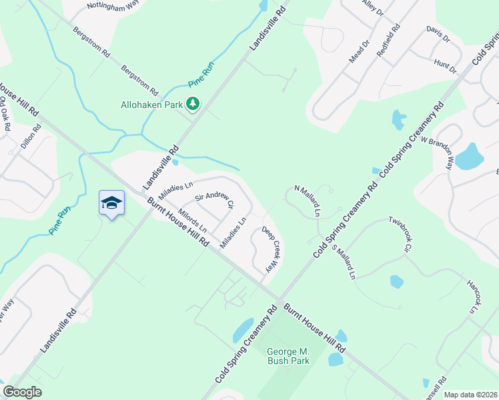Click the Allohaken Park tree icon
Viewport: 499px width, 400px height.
point(193,103)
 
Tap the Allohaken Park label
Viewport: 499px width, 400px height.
point(151,104)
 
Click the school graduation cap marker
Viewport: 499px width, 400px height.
point(111,204)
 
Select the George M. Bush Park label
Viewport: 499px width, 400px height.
point(288,356)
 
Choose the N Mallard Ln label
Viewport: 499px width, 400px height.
point(308,201)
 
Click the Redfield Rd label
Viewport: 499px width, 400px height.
point(388,41)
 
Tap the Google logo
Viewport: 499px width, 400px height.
point(23,392)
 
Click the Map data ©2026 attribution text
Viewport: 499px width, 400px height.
point(470,395)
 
